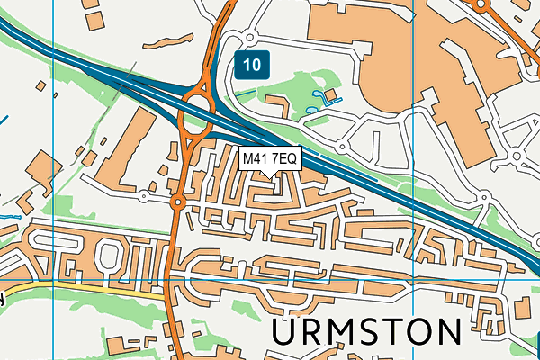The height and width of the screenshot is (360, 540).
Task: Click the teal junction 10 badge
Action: click(254, 64)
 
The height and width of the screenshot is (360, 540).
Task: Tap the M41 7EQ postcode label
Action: click(269, 158)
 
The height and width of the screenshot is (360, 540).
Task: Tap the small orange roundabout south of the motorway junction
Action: click(178, 202)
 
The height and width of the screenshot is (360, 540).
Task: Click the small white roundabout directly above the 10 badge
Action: click(249, 37)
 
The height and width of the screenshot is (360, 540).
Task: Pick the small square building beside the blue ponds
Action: click(330, 95)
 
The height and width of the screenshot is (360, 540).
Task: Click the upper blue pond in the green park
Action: click(314, 94)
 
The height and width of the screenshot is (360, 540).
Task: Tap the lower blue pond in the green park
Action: click(312, 109)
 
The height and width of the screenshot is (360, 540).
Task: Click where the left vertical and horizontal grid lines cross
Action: click(54, 279)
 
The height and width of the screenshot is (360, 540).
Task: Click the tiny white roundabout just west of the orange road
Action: click(144, 195)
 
